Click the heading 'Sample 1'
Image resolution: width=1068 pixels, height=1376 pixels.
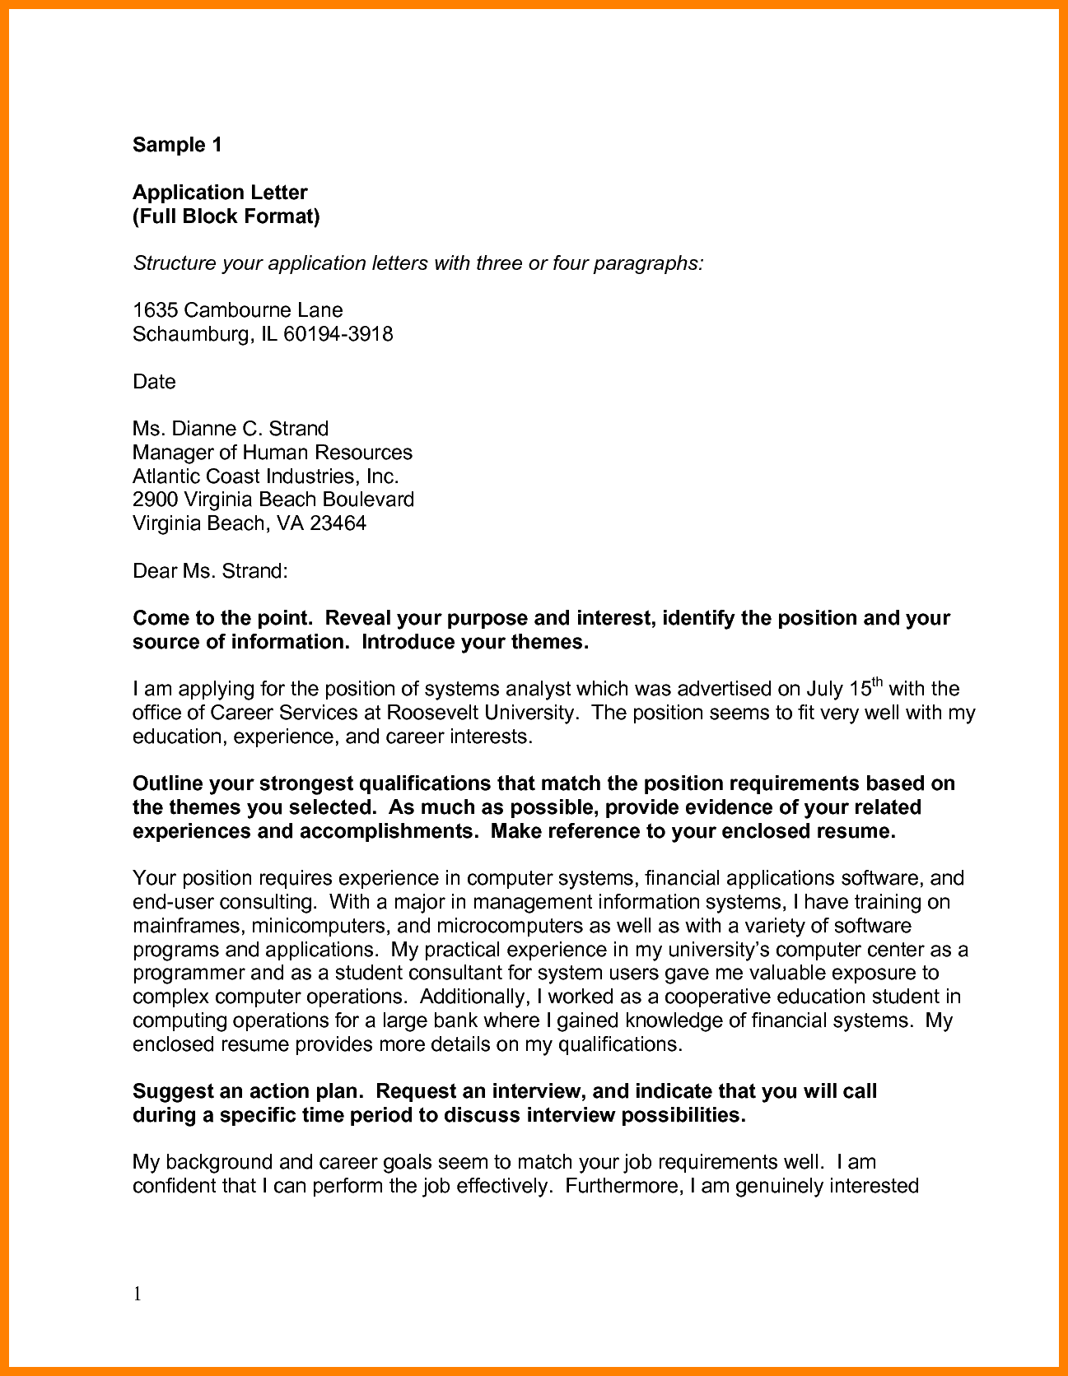click(177, 145)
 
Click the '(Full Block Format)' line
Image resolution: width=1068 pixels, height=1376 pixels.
click(226, 216)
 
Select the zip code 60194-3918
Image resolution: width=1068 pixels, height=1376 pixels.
click(338, 334)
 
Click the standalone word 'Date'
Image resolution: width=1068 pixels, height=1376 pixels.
click(154, 382)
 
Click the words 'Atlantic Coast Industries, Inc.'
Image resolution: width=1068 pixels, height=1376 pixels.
click(265, 476)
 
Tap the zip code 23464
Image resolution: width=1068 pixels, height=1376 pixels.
click(338, 523)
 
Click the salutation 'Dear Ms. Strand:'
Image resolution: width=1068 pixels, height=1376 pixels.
click(210, 571)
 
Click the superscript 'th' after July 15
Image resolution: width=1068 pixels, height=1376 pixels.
click(877, 681)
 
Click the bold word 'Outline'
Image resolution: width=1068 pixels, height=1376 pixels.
click(167, 783)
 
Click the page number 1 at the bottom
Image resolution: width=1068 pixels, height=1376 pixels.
click(138, 1295)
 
